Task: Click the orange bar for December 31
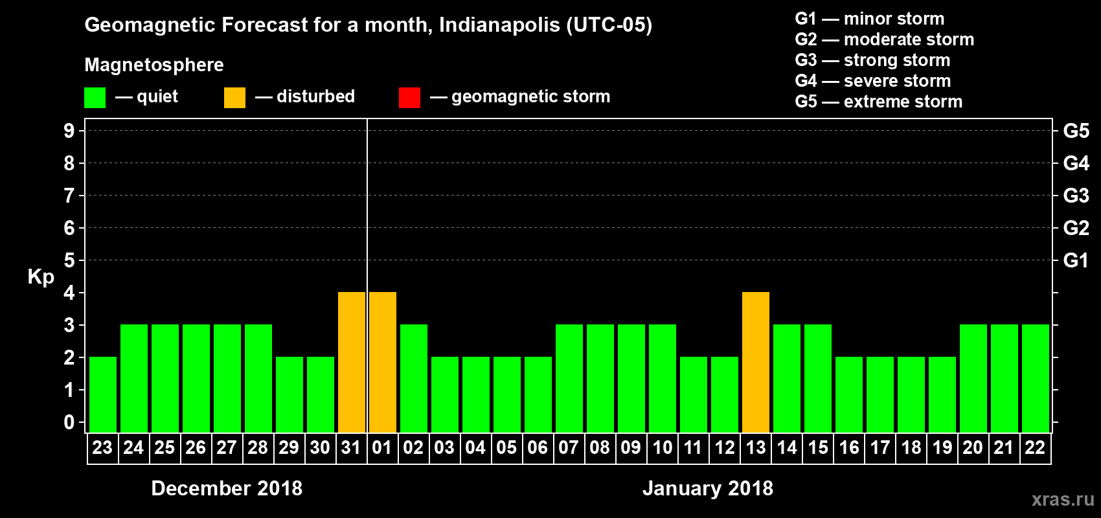[x=352, y=362]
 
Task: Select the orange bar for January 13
[x=756, y=362]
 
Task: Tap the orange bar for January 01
[x=383, y=362]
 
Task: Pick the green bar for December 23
[x=103, y=394]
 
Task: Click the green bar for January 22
[x=1036, y=378]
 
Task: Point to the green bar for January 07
[x=569, y=378]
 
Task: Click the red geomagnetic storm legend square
[x=409, y=98]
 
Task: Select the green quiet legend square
[x=95, y=98]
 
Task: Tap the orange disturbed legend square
[x=234, y=98]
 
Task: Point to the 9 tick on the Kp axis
[x=69, y=131]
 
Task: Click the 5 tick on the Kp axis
[x=69, y=260]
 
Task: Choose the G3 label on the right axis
[x=1076, y=196]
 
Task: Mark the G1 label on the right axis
[x=1076, y=260]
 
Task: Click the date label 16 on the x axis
[x=849, y=447]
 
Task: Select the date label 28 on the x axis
[x=258, y=447]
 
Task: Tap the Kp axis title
[x=41, y=277]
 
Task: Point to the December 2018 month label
[x=227, y=488]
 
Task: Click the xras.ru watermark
[x=1063, y=499]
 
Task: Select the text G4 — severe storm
[x=872, y=81]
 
